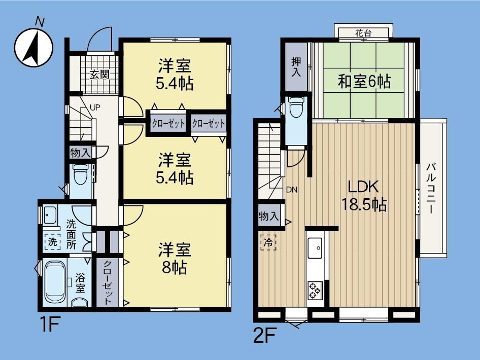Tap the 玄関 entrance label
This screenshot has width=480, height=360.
click(x=100, y=75)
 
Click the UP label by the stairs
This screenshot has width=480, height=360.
click(x=95, y=107)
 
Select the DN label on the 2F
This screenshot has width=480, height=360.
click(x=292, y=190)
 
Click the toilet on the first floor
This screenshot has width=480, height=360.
click(x=81, y=174)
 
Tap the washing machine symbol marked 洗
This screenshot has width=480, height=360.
click(x=52, y=242)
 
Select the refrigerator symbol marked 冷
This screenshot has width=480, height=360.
click(x=268, y=243)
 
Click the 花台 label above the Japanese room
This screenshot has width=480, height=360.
click(x=364, y=33)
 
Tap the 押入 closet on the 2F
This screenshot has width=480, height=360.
click(x=296, y=67)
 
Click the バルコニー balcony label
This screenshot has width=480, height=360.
click(x=432, y=189)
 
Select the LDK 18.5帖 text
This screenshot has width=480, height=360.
click(x=364, y=196)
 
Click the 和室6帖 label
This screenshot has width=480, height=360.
click(x=364, y=82)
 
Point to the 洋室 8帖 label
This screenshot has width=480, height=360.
click(x=175, y=259)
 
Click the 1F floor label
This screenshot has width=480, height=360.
click(x=49, y=324)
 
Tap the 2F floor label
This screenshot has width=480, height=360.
click(x=265, y=335)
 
